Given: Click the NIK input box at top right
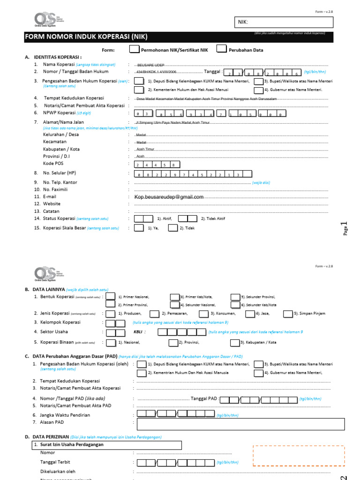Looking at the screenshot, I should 283,22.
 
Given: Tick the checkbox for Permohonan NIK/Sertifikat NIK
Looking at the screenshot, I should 134,49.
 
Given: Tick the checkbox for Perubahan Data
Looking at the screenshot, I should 221,49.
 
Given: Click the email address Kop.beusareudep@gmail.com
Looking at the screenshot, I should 169,197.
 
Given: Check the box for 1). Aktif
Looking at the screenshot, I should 143,218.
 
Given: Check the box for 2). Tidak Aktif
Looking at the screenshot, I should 187,218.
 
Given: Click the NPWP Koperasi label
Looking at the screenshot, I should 59,113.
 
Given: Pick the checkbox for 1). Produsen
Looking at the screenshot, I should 111,313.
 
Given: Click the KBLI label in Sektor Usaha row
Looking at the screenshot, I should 138,332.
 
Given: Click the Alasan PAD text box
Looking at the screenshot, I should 234,424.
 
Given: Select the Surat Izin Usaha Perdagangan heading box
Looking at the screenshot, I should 106,444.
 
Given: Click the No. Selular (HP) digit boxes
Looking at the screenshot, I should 193,174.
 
